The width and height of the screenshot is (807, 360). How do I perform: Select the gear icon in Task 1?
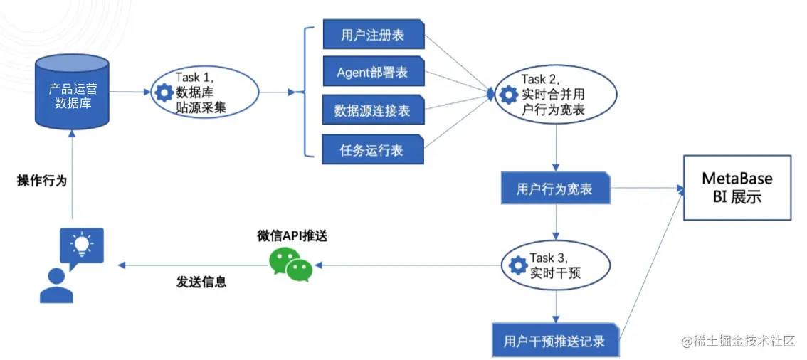coord(164,92)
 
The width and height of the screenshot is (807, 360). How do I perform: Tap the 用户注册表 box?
coord(373,35)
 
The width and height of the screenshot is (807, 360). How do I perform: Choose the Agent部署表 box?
coord(373,73)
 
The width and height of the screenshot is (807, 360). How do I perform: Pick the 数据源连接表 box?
coord(373,110)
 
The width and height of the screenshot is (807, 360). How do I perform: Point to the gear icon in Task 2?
coord(508,94)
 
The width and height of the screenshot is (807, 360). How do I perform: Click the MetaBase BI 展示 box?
coord(737,187)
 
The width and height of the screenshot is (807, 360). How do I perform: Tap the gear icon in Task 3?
coord(518,265)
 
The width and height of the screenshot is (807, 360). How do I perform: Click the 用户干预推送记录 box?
coord(555,341)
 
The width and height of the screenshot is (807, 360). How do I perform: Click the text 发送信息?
coord(201,282)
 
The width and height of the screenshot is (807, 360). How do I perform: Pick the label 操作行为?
coord(41,181)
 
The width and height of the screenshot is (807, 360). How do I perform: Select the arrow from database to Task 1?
coord(129,92)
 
